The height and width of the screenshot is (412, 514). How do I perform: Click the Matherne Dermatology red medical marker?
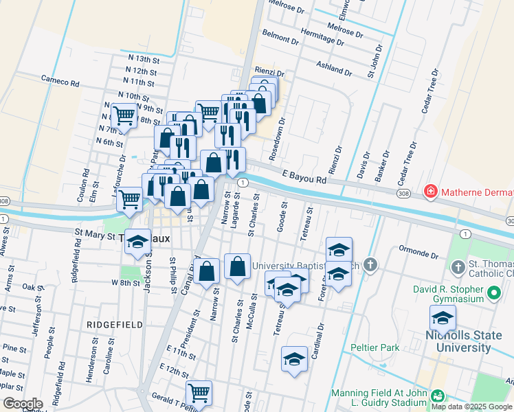point(431,190)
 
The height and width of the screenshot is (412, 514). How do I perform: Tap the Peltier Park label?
point(375,348)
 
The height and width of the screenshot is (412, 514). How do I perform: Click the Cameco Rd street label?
point(60,82)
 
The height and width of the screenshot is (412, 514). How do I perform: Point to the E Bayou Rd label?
point(303,180)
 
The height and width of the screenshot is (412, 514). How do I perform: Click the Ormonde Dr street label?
point(418,255)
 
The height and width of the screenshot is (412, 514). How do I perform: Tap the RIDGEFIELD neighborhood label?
point(115,324)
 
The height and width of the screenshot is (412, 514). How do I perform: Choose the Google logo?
point(23,404)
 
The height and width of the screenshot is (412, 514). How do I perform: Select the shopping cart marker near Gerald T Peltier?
point(199,393)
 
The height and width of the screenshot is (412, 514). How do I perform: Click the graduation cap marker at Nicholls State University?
point(443,318)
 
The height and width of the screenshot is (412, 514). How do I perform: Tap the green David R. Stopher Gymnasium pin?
point(493,295)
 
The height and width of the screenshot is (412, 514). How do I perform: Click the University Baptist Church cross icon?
point(370,264)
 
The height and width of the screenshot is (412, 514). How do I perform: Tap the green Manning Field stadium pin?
point(436,396)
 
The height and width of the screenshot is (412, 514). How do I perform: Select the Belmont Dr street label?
point(280,36)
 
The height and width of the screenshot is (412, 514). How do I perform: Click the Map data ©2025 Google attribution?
point(471,407)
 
